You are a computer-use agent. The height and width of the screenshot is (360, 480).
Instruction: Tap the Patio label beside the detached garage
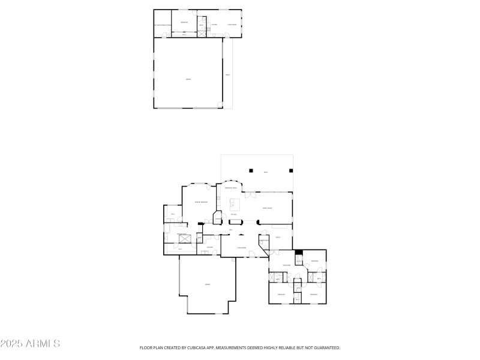pyautogui.click(x=227, y=75)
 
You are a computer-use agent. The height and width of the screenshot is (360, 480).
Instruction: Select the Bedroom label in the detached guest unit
pyautogui.click(x=184, y=23)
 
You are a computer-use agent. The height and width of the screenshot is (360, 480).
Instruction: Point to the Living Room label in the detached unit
pyautogui.click(x=232, y=25)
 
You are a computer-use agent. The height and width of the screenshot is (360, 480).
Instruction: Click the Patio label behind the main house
pyautogui.click(x=266, y=173)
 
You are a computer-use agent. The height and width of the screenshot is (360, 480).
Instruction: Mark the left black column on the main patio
pyautogui.click(x=252, y=169)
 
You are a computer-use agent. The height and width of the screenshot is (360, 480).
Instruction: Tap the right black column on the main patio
pyautogui.click(x=291, y=169)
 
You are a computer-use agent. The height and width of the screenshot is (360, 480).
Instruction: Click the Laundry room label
pyautogui.click(x=210, y=247)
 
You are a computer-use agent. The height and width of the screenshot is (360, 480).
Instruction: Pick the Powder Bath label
pyautogui.click(x=263, y=241)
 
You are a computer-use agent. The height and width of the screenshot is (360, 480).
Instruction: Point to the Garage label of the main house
pyautogui.click(x=208, y=284)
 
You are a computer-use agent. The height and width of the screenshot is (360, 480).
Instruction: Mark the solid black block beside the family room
pyautogui.click(x=298, y=253)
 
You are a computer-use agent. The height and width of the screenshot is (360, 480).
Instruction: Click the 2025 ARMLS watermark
pyautogui.click(x=30, y=344)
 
